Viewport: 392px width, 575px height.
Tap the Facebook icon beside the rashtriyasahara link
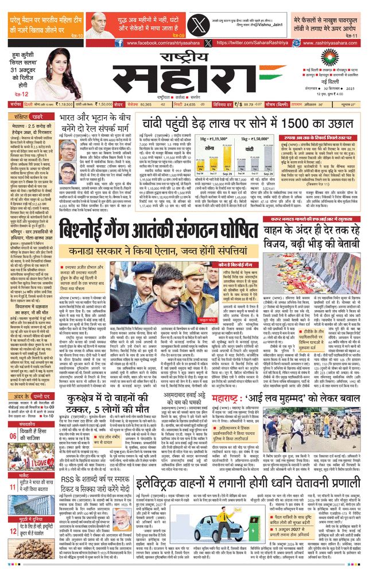pyautogui.click(x=118, y=43)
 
